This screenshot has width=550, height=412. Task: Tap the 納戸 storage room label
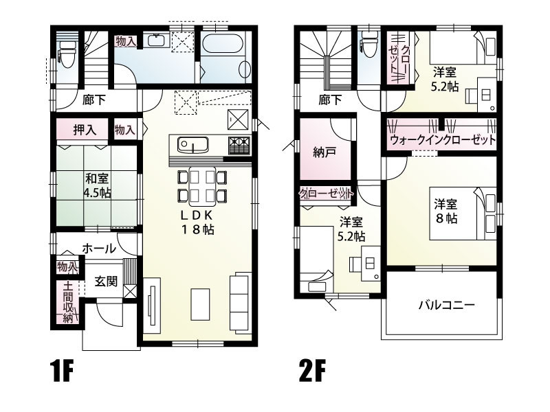324,152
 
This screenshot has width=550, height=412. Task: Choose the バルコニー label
446,306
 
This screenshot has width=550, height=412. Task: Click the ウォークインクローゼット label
442,140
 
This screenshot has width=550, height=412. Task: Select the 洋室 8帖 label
445,210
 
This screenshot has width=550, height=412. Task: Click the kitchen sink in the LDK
192,146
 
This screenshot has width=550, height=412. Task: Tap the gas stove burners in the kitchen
238,146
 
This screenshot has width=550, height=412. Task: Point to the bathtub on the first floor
221,46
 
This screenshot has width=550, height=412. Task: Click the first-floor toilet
67,51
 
